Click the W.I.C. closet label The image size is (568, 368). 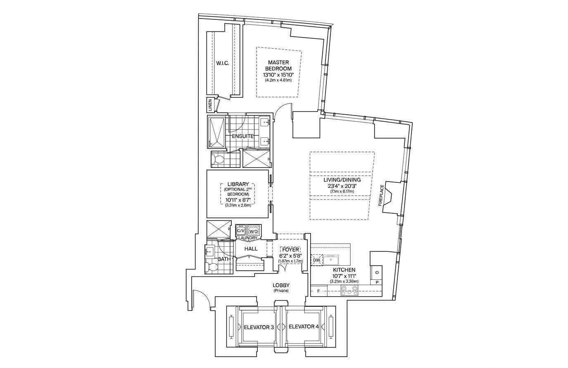click(x=222, y=63)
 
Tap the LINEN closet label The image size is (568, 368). click(x=210, y=105)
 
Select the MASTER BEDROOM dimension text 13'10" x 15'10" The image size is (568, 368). click(x=278, y=75)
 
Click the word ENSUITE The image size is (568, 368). click(x=243, y=136)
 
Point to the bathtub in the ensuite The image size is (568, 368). click(x=216, y=132)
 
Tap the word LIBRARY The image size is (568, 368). click(x=238, y=184)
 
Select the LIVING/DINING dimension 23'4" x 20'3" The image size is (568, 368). click(x=342, y=186)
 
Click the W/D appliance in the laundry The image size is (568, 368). click(x=253, y=231)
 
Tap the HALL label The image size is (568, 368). click(x=251, y=249)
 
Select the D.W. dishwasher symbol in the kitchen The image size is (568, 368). click(x=316, y=260)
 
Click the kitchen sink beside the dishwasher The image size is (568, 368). click(x=331, y=259)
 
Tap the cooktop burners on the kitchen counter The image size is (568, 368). click(x=349, y=290)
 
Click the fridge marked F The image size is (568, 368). click(x=319, y=291)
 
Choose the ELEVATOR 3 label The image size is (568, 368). click(x=259, y=327)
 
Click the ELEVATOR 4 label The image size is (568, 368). click(x=304, y=327)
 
